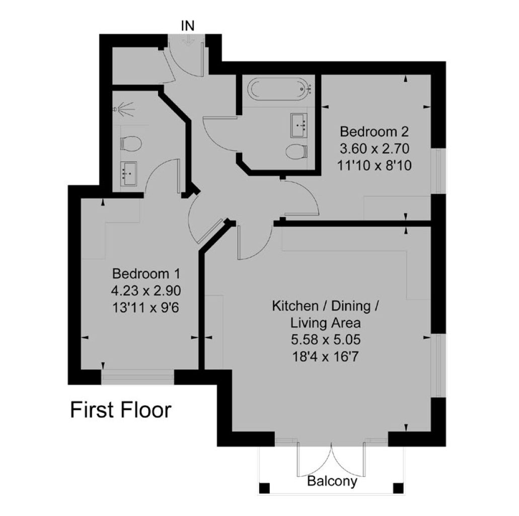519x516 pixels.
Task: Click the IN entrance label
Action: click(188, 26)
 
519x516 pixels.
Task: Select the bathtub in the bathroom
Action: click(281, 89)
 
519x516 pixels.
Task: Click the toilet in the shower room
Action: click(131, 144)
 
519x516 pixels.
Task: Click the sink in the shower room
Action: click(128, 174)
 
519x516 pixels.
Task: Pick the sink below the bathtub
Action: click(299, 125)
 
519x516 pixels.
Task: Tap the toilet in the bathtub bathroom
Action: click(296, 152)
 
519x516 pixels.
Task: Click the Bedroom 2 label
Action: click(374, 132)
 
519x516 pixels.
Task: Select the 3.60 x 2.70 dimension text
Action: click(375, 149)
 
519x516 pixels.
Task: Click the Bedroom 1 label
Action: click(146, 274)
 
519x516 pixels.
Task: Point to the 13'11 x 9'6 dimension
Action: click(145, 308)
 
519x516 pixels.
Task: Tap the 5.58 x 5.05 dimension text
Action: click(325, 340)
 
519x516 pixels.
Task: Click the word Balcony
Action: click(332, 481)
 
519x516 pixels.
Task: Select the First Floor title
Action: click(121, 410)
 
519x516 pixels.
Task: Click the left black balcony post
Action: click(264, 488)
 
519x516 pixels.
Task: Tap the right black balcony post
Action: click(398, 488)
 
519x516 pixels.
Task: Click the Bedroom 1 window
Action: click(137, 377)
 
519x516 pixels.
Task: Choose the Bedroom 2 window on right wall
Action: click(438, 171)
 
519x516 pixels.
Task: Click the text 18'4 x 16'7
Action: click(325, 357)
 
